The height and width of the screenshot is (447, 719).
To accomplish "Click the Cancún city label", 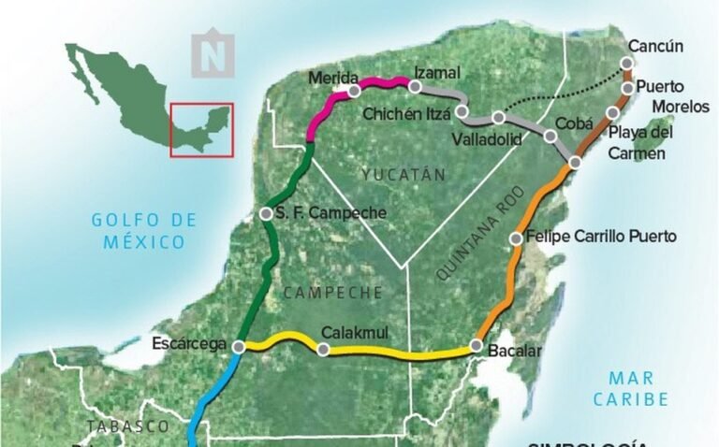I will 656,46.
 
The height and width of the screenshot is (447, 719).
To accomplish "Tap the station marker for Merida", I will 354,92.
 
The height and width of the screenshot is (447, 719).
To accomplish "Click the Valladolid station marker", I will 498,118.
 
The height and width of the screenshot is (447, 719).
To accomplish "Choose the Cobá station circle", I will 550,137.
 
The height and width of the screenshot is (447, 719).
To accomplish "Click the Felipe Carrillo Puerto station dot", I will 516,238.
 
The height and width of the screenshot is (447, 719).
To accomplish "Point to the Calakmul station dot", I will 323,351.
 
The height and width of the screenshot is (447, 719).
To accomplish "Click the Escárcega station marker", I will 238,346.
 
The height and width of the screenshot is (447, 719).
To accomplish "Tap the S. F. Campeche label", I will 330,213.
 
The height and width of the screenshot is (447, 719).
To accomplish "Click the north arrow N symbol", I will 213,54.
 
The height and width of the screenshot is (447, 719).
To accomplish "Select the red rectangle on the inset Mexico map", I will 201,129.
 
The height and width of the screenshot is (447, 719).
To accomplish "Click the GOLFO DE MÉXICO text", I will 144,231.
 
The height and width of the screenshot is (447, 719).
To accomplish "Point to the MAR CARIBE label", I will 637,388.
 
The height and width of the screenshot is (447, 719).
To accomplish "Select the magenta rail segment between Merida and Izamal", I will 382,83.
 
